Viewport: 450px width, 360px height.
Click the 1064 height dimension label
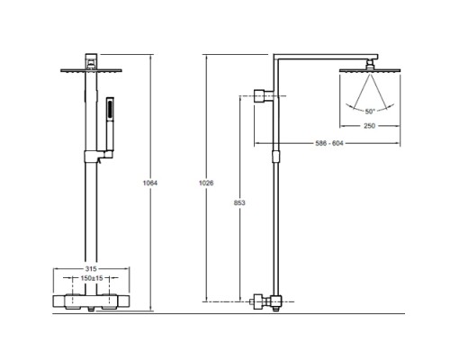pyautogui.click(x=150, y=183)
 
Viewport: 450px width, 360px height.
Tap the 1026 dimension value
pyautogui.click(x=206, y=183)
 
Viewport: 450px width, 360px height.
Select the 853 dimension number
pyautogui.click(x=239, y=202)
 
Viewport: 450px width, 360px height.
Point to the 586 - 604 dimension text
pyautogui.click(x=329, y=143)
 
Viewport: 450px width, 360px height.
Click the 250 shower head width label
pyautogui.click(x=370, y=126)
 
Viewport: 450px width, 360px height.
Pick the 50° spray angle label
pyautogui.click(x=370, y=112)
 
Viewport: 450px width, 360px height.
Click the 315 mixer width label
pyautogui.click(x=91, y=268)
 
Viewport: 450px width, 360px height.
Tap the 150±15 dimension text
pyautogui.click(x=92, y=278)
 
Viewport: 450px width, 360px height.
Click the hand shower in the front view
pyautogui.click(x=110, y=123)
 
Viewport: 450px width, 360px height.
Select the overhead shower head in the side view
pyautogui.click(x=370, y=70)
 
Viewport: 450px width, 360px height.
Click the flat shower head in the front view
pyautogui.click(x=91, y=71)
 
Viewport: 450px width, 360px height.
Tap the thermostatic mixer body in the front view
pyautogui.click(x=92, y=302)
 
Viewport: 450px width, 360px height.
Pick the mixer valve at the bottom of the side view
pyautogui.click(x=266, y=302)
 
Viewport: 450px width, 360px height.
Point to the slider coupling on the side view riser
pyautogui.click(x=276, y=157)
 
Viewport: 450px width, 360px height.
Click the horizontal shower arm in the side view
pyautogui.click(x=326, y=57)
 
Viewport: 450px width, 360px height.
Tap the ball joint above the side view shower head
pyautogui.click(x=370, y=64)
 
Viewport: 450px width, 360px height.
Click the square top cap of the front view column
pyautogui.click(x=91, y=61)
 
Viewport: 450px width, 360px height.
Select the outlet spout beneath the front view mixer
pyautogui.click(x=91, y=309)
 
